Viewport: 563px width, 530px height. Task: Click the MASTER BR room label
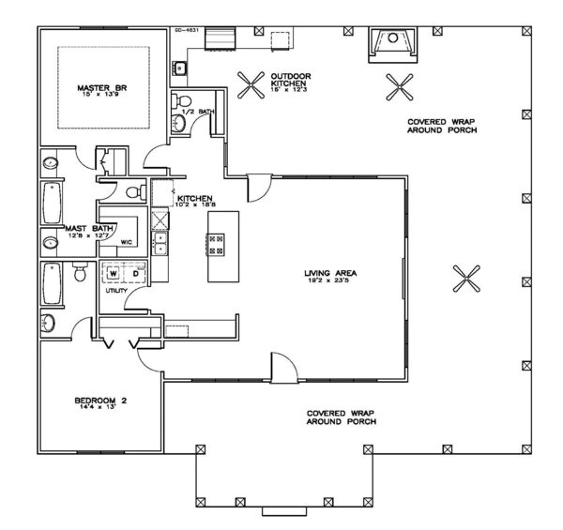(96, 89)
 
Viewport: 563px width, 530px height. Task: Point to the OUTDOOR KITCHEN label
(291, 81)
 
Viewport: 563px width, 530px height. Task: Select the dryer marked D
(135, 274)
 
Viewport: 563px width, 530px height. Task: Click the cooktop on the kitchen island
(216, 244)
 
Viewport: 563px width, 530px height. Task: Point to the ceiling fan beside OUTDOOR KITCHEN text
(250, 86)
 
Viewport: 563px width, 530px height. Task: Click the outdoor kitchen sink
(179, 68)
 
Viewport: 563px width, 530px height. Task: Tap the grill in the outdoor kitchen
(221, 38)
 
